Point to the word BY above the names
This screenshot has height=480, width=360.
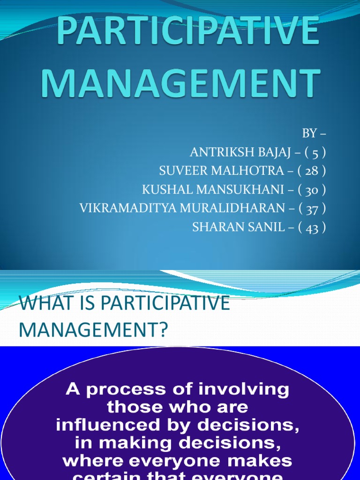[309, 134]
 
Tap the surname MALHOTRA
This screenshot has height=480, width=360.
[247, 171]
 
